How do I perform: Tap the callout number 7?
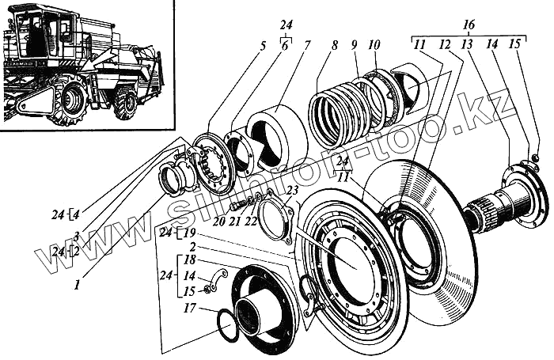click(x=308, y=46)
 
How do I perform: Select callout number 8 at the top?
click(x=336, y=45)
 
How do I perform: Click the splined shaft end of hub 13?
click(x=480, y=214)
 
